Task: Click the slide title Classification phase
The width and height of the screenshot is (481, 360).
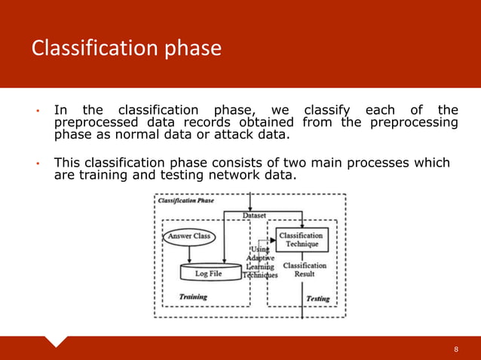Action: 126,49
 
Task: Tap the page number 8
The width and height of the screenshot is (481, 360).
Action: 456,349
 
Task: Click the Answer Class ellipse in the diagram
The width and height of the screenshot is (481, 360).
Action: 189,237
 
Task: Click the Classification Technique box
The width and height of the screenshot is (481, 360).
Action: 302,239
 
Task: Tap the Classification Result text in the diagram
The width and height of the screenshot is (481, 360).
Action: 304,270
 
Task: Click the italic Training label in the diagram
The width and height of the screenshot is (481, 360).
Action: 194,297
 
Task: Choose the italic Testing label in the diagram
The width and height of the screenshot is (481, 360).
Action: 317,299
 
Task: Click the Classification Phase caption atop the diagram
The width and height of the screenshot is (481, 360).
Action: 185,201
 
